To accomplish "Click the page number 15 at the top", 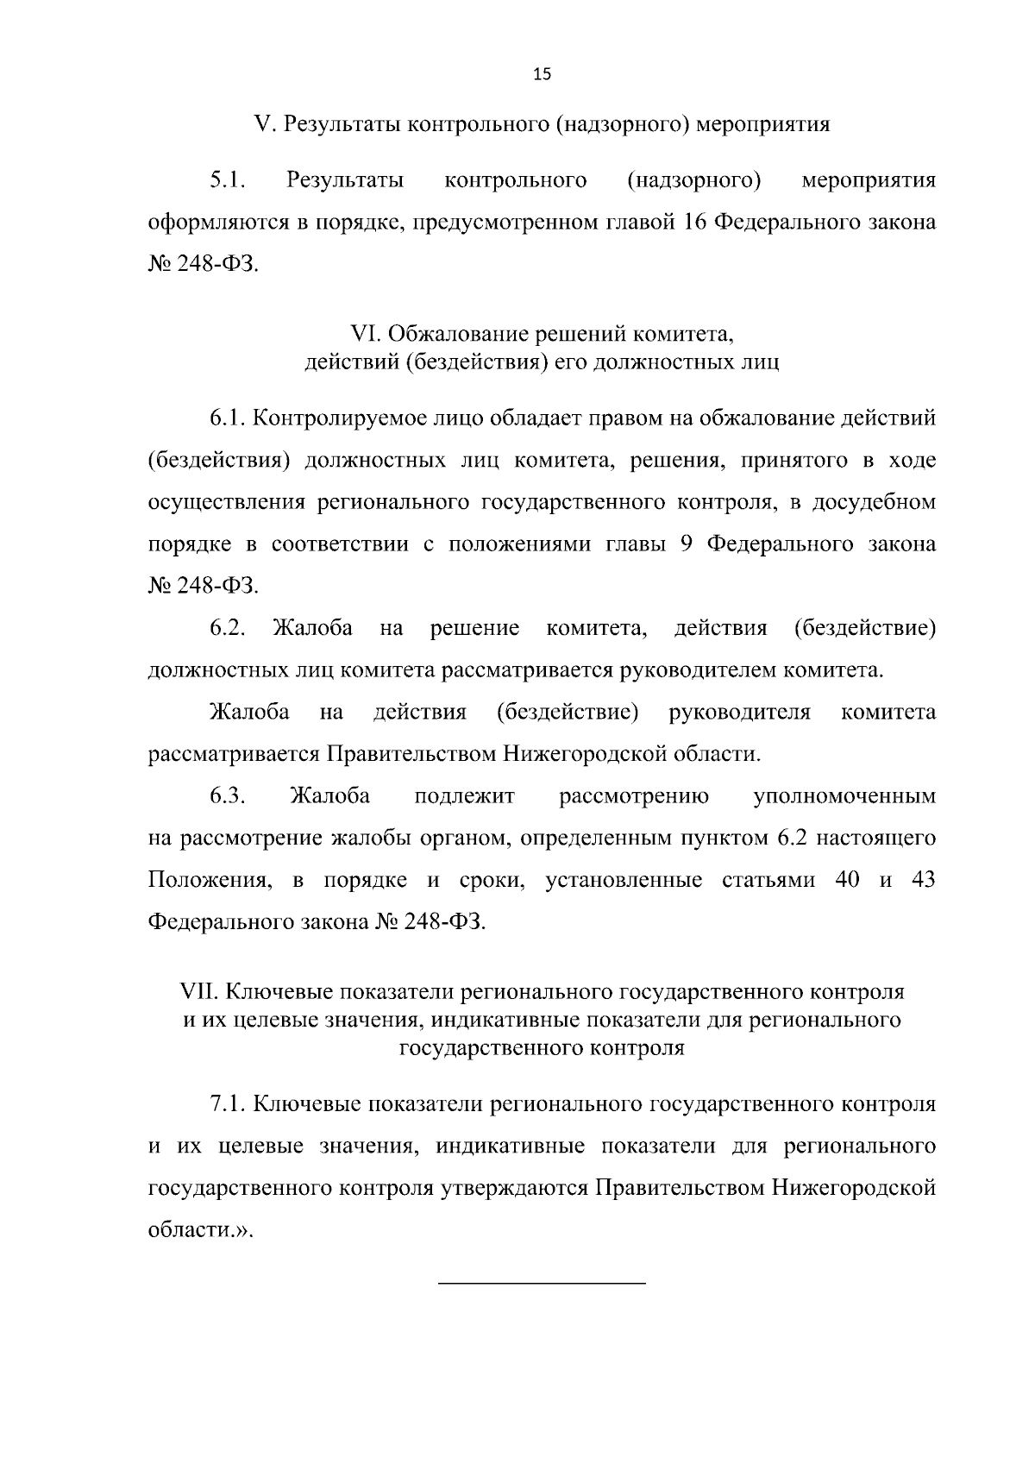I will (542, 74).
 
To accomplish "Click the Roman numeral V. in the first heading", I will (263, 124).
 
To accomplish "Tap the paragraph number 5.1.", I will (228, 180).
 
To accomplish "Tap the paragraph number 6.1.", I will (228, 419).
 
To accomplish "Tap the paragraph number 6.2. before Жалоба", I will (228, 628).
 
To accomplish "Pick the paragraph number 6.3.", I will (228, 795).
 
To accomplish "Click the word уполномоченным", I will (844, 795).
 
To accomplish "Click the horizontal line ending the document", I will (542, 1284).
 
